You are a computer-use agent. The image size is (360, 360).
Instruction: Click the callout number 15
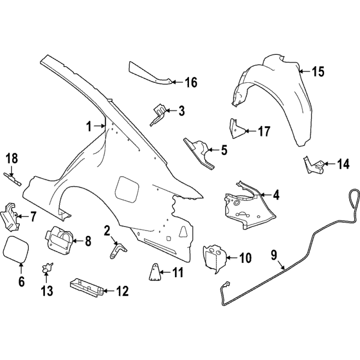318,72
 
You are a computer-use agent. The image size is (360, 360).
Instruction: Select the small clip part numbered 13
45,268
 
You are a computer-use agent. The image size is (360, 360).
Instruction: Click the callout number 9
274,255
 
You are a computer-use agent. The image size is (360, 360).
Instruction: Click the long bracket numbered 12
85,287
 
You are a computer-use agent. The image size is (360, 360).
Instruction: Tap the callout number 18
12,158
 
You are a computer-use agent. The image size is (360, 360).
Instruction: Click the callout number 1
89,126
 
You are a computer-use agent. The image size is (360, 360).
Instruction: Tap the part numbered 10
214,257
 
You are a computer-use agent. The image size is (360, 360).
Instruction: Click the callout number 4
276,195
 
